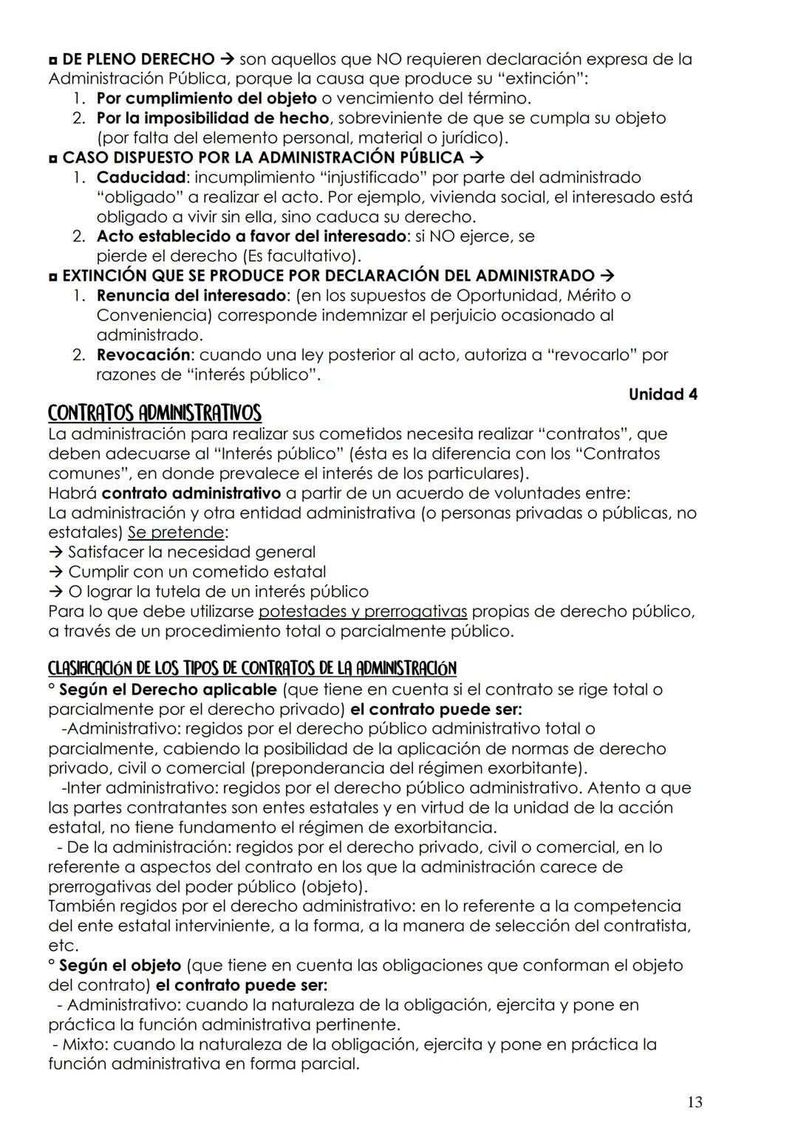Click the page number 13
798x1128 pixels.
(694, 1102)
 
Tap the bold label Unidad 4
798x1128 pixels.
(662, 394)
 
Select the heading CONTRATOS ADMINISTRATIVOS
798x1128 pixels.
(154, 412)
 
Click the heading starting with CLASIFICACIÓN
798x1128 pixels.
(252, 669)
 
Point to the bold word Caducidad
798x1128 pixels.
(140, 177)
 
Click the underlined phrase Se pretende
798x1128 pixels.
(176, 532)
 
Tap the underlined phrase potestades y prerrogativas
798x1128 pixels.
(363, 611)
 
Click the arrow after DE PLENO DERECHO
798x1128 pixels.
(228, 59)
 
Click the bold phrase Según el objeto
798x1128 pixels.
(120, 965)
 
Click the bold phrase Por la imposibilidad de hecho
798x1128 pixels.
(212, 118)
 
